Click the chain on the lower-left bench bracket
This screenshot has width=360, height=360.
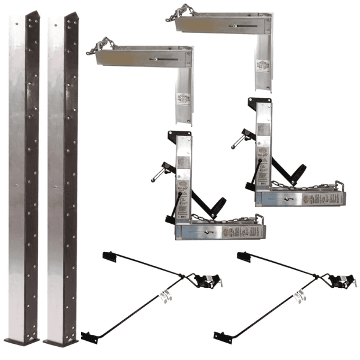click(x=103, y=44)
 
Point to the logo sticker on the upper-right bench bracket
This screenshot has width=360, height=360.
click(x=263, y=65)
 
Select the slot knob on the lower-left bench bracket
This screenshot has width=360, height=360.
click(x=155, y=59)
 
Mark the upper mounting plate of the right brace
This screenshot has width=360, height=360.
click(x=242, y=256)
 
